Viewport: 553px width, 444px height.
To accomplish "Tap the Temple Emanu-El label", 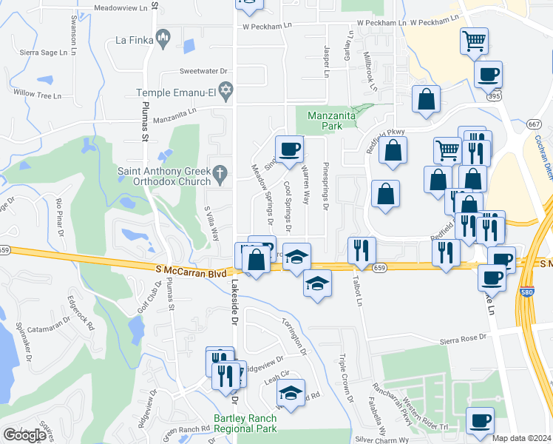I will [x=174, y=93].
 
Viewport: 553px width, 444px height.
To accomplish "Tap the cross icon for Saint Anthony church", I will [x=219, y=175].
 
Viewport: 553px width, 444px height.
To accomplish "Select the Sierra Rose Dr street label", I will [x=464, y=337].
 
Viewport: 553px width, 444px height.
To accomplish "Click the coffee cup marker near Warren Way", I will [x=289, y=148].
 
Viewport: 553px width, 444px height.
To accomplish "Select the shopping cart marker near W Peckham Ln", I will [x=474, y=39].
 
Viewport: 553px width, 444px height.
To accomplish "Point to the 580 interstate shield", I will [x=528, y=292].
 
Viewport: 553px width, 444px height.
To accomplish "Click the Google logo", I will [x=24, y=435].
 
